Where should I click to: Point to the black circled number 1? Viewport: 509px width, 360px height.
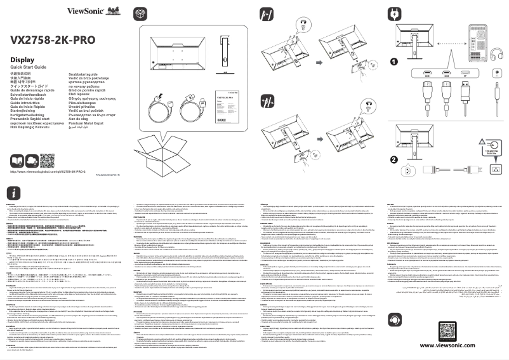pos(394,62)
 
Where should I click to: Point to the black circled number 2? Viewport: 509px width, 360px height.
pos(394,159)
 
